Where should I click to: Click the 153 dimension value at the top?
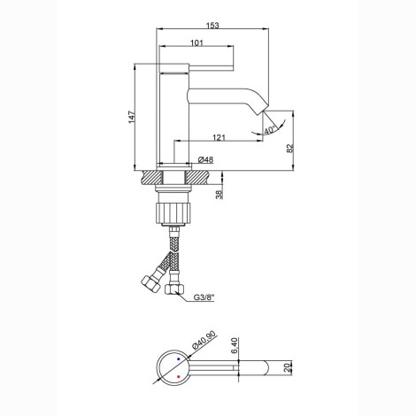(212, 26)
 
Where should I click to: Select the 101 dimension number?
(196, 43)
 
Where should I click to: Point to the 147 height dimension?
(132, 117)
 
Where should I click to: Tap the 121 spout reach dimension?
(219, 137)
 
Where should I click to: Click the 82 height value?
(290, 148)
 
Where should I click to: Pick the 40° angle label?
(270, 130)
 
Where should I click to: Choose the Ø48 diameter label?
(205, 159)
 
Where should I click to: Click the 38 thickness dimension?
(219, 195)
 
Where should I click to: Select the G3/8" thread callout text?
(204, 297)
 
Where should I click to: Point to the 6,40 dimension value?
(235, 346)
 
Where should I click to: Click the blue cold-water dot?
(178, 358)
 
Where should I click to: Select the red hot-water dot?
(178, 377)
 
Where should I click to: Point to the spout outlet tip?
(262, 112)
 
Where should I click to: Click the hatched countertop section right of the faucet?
(200, 178)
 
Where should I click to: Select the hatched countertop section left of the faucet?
(151, 178)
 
